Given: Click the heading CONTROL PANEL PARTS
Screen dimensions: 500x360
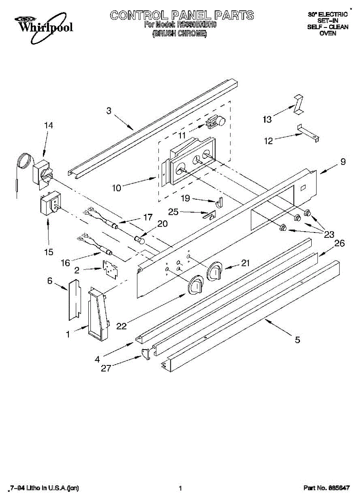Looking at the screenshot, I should point(182,15).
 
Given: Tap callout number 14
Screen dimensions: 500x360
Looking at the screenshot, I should point(49,125).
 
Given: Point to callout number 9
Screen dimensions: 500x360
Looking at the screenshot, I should point(342,162).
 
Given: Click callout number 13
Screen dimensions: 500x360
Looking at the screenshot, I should point(267,120).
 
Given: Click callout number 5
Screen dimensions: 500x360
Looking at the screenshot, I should point(297,340).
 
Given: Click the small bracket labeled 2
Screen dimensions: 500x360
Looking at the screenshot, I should point(110,269).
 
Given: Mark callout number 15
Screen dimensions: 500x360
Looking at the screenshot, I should point(49,252).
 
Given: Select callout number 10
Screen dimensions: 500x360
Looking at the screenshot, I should point(116,188).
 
